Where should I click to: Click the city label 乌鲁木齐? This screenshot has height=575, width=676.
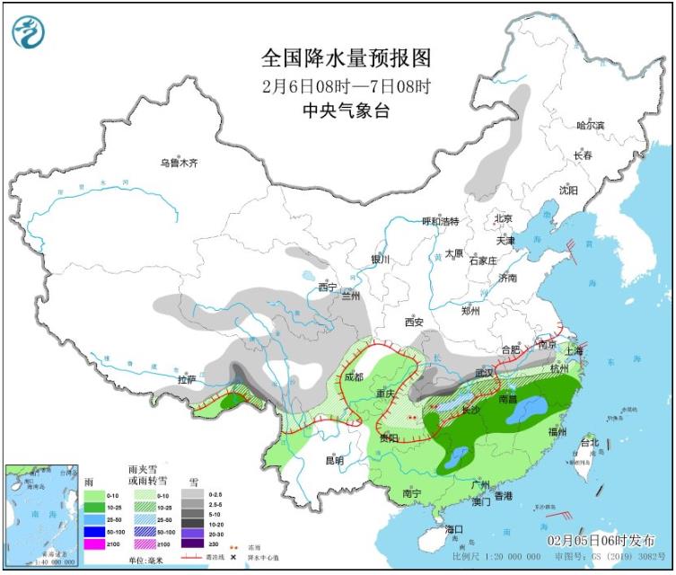coord(178,163)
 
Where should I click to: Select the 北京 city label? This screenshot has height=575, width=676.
coord(502,218)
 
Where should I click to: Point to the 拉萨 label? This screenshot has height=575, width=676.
coord(186,379)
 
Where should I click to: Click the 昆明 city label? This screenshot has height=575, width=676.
coord(334,460)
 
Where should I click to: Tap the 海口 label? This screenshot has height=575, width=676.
coord(454,529)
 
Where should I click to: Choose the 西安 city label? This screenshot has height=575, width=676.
coord(413,321)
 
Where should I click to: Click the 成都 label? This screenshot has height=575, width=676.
coord(353,376)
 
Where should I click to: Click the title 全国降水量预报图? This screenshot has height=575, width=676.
coord(347,58)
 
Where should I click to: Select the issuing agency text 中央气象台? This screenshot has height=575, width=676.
coord(347,111)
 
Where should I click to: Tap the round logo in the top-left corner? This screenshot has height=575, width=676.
coord(28,32)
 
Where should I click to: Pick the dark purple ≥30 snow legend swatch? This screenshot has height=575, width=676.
coord(191,544)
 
